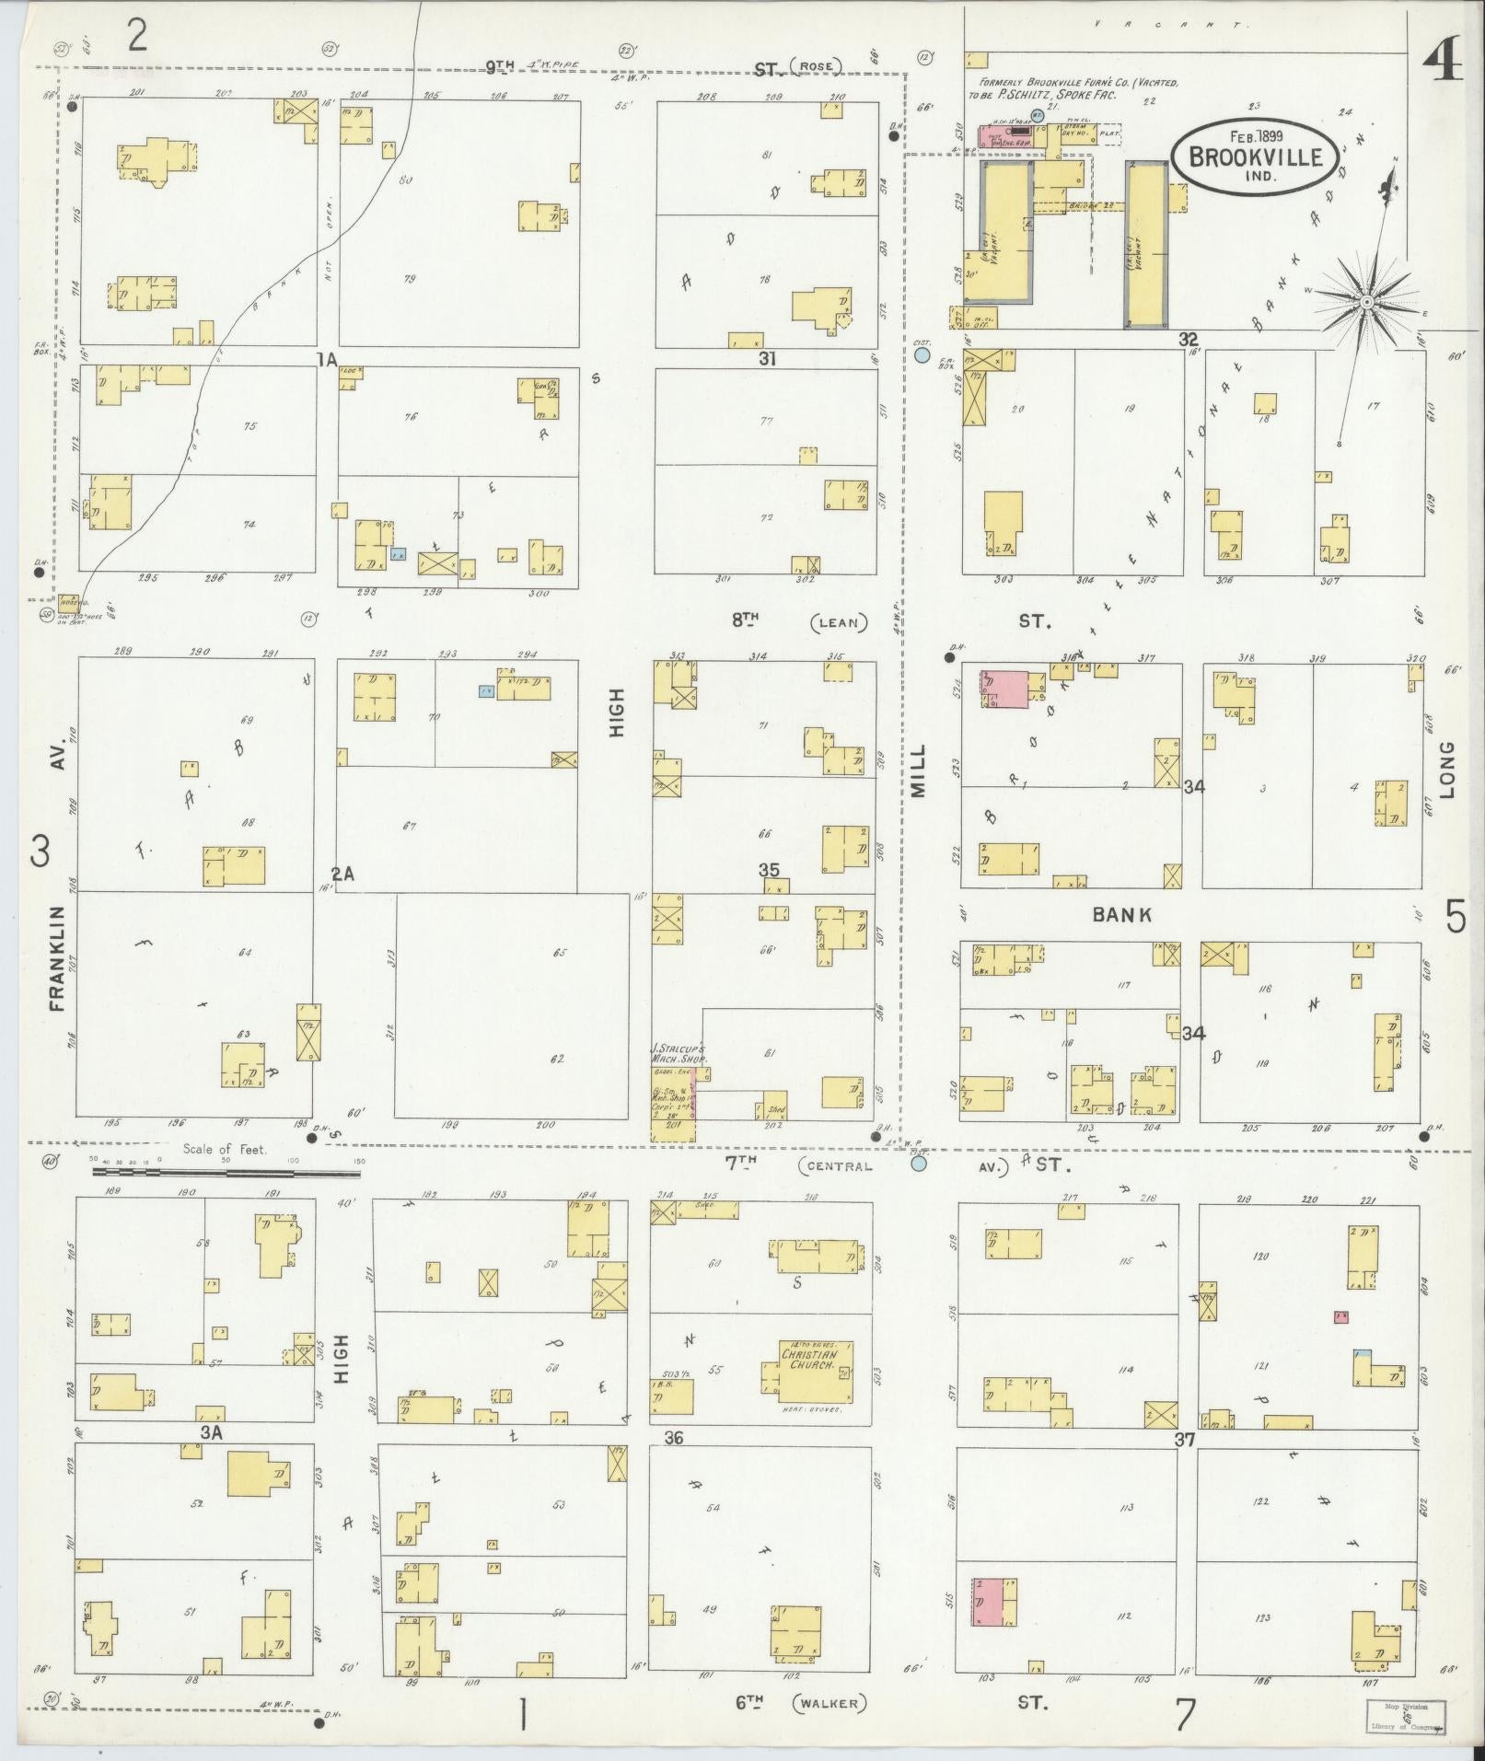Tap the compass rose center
point(1367,301)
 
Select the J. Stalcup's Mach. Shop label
point(679,1053)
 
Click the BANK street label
point(1122,914)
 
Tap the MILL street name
point(920,770)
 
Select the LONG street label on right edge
point(1447,769)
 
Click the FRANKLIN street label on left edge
point(59,958)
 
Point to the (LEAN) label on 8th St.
point(839,622)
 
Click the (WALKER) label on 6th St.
point(830,1703)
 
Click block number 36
point(673,1437)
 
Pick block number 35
point(769,870)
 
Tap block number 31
point(766,359)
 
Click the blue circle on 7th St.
point(918,1163)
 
